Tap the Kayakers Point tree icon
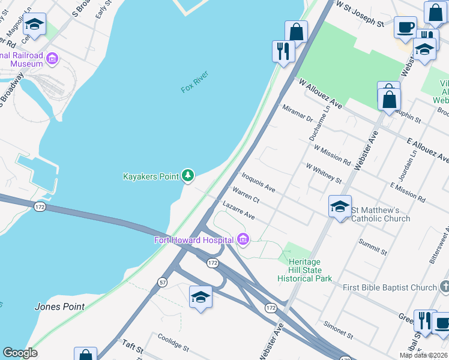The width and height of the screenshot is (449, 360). tap(188, 175)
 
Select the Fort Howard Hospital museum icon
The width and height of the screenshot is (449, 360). tap(243, 240)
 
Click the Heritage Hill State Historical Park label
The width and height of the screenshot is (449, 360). tap(305, 271)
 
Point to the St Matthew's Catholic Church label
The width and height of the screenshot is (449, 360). tap(381, 214)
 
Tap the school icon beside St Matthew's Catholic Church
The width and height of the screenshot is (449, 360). tap(340, 207)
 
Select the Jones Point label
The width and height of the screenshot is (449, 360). tap(59, 307)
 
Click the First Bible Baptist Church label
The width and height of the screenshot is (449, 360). tap(390, 288)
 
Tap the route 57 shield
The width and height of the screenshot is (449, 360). tap(163, 281)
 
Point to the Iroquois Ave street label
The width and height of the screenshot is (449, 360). tap(258, 182)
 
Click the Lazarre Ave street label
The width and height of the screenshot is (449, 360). tap(238, 210)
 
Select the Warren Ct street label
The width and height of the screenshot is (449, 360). tap(246, 196)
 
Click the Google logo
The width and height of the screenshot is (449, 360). tap(20, 353)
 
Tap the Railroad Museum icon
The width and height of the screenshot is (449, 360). tap(52, 59)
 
